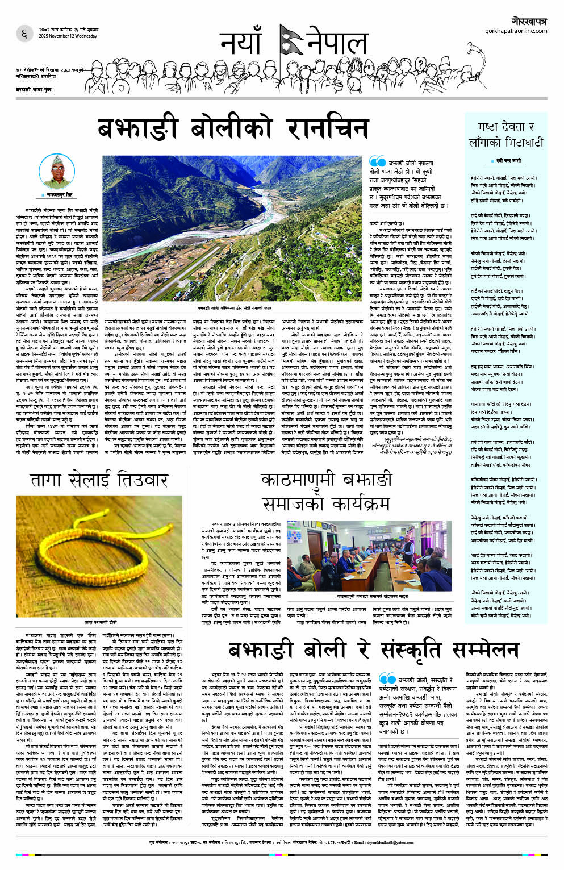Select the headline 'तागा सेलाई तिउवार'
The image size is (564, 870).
click(99, 480)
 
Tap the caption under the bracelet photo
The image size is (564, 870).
click(101, 622)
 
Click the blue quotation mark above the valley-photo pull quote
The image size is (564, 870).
click(377, 163)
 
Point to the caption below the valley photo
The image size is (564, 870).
click(235, 307)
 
